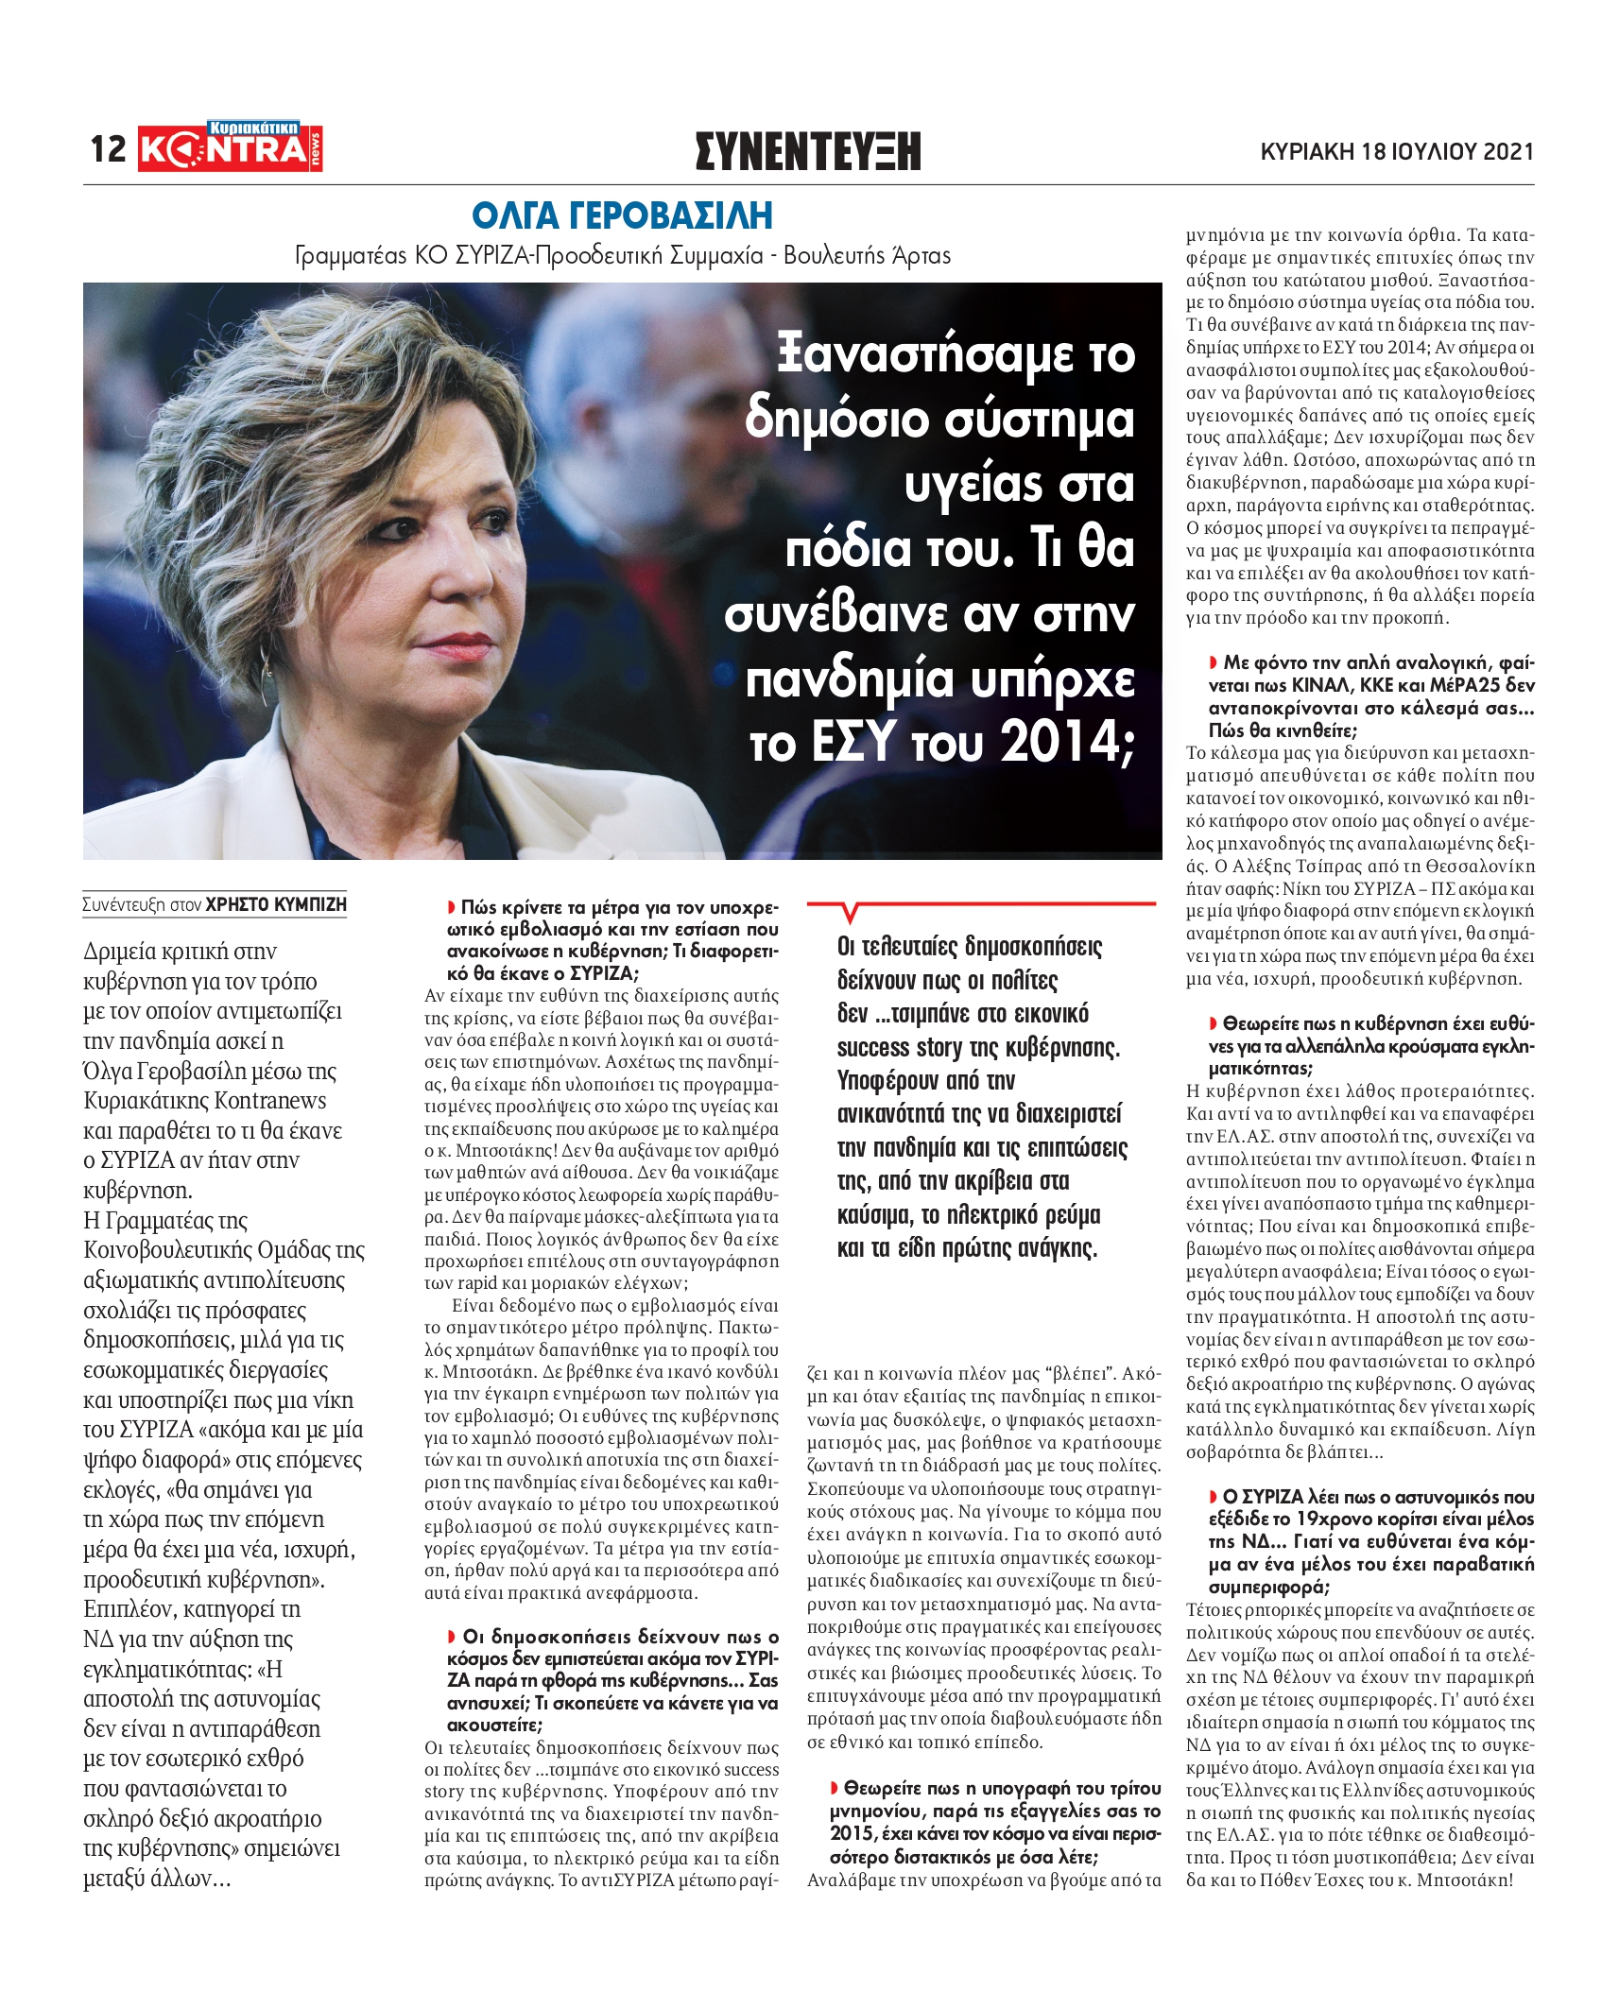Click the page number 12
click(108, 149)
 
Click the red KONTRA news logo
click(230, 148)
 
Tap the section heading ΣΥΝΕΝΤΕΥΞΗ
click(807, 151)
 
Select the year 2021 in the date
click(1508, 151)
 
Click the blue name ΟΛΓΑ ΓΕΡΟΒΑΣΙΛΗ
click(622, 216)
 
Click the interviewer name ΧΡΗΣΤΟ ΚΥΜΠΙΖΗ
click(276, 904)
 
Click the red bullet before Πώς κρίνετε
click(452, 907)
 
